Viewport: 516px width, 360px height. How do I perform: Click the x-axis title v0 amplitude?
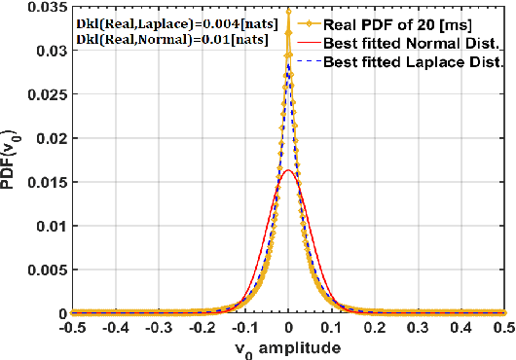tap(289, 347)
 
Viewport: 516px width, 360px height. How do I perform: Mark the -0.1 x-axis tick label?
tap(246, 328)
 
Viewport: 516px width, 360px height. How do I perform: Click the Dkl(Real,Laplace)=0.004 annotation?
tap(161, 21)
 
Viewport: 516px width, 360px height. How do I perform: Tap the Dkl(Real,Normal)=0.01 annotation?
tap(158, 40)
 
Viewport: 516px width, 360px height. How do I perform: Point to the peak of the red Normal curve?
tap(289, 171)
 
